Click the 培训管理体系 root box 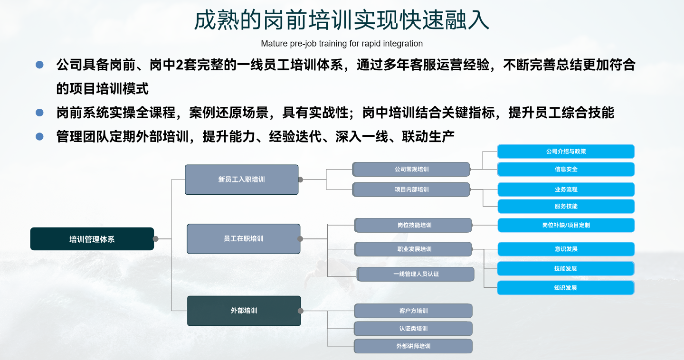pos(92,239)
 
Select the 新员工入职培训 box pos(241,180)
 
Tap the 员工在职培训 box pos(243,239)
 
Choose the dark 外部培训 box pos(244,311)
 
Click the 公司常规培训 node pos(411,169)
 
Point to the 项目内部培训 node pos(411,189)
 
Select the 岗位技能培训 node pos(414,225)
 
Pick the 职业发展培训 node pos(414,249)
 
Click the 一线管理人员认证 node pos(416,274)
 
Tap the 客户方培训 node pos(413,311)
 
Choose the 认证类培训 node pos(413,329)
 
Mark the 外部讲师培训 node pos(413,346)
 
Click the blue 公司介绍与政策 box pos(566,152)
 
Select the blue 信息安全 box pos(566,169)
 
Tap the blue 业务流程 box pos(566,189)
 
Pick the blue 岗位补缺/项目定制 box pos(566,225)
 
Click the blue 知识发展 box pos(565,288)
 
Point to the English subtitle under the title pos(342,44)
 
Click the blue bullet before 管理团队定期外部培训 pos(39,137)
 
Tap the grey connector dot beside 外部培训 pos(300,311)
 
